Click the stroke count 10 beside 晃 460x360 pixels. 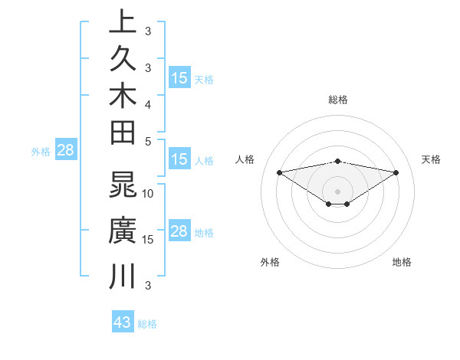click(148, 193)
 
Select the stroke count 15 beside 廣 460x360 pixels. click(148, 239)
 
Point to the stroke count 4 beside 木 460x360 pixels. click(148, 103)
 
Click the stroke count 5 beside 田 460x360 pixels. click(148, 140)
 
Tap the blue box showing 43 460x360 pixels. click(123, 322)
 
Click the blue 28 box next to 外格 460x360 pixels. click(65, 151)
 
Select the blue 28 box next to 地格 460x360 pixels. click(179, 232)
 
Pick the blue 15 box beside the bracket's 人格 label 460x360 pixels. click(179, 160)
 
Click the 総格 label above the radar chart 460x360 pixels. click(338, 100)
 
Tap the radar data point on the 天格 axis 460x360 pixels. click(396, 172)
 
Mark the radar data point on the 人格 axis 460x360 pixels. click(279, 172)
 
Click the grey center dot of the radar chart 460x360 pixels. click(338, 191)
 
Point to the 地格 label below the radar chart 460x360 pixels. click(402, 262)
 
